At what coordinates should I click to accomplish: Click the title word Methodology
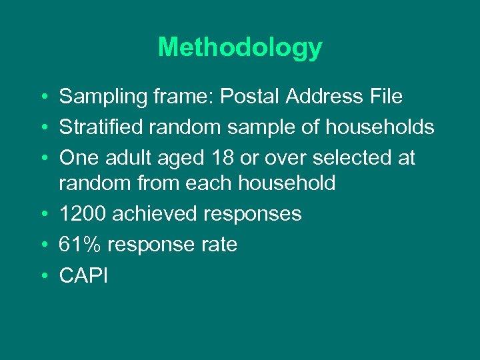pyautogui.click(x=240, y=47)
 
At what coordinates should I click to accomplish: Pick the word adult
pyautogui.click(x=129, y=158)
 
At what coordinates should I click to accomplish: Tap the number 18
pyautogui.click(x=219, y=158)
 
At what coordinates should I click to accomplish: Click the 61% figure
pyautogui.click(x=80, y=245)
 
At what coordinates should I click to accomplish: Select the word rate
pyautogui.click(x=218, y=245)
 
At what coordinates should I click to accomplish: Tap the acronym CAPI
pyautogui.click(x=83, y=275)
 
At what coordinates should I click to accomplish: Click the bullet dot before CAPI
pyautogui.click(x=42, y=275)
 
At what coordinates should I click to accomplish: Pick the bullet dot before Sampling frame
pyautogui.click(x=42, y=97)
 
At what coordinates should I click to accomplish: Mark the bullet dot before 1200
pyautogui.click(x=42, y=214)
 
